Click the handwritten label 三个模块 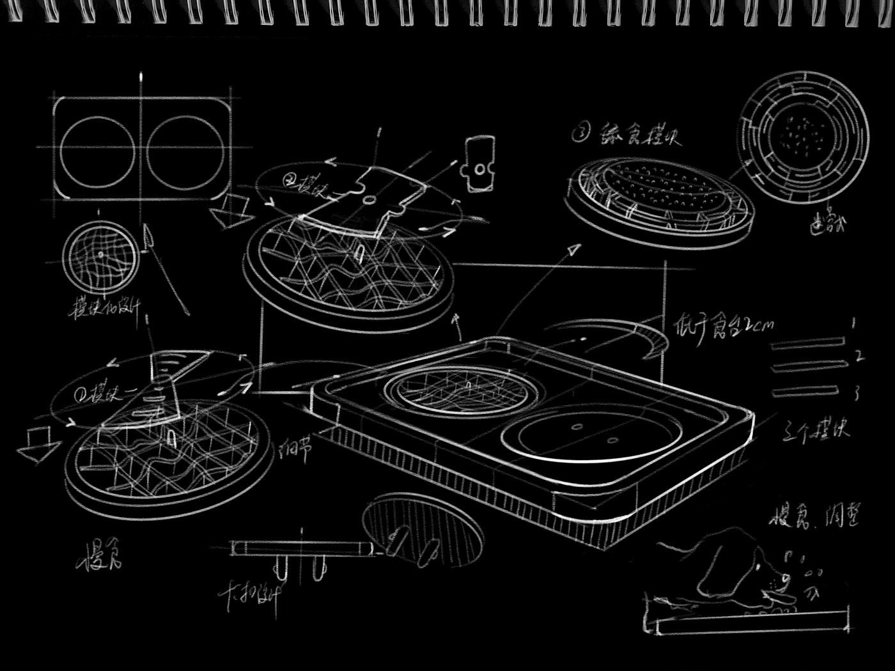pyautogui.click(x=816, y=430)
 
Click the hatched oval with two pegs pyautogui.click(x=422, y=527)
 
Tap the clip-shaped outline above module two pyautogui.click(x=478, y=162)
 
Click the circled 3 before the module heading pyautogui.click(x=580, y=134)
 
